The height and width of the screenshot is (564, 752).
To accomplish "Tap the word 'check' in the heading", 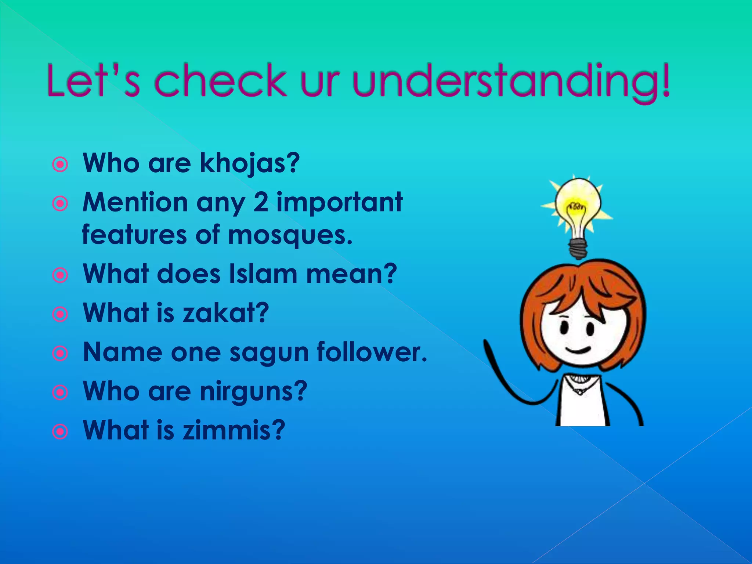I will pyautogui.click(x=221, y=81).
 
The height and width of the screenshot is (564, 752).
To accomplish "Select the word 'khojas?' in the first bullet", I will pyautogui.click(x=250, y=163).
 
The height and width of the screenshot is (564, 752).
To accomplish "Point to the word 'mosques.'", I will pyautogui.click(x=290, y=235).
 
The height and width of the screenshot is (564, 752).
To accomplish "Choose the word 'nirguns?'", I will pyautogui.click(x=253, y=391).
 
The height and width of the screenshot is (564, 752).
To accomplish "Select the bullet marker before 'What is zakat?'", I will pyautogui.click(x=60, y=314).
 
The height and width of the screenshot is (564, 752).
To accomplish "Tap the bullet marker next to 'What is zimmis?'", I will pyautogui.click(x=60, y=432).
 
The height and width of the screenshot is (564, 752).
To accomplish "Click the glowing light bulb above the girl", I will pyautogui.click(x=577, y=206).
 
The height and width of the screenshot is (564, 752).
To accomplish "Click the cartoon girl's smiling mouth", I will pyautogui.click(x=578, y=349).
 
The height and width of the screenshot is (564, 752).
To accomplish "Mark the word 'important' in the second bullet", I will pyautogui.click(x=339, y=203).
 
